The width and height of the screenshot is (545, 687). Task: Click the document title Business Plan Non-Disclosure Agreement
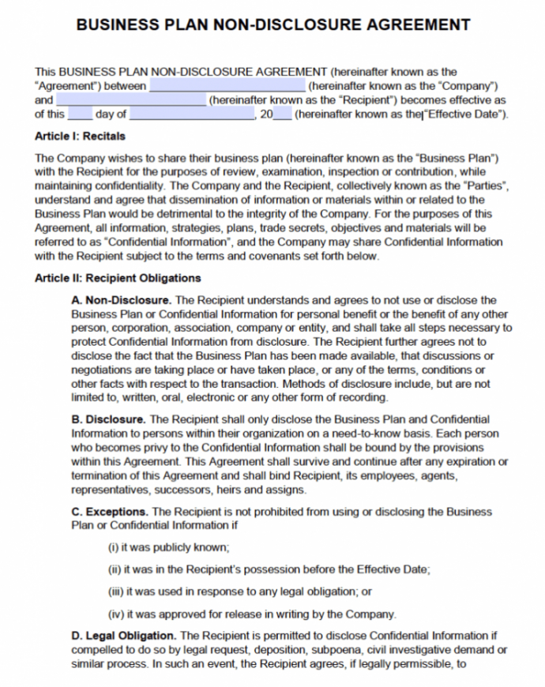coord(272,24)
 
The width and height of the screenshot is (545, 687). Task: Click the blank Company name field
coord(227,85)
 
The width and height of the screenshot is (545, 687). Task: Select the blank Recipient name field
coord(130,100)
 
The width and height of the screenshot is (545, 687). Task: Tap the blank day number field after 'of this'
coord(81,115)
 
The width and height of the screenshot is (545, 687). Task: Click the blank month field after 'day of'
coord(192,115)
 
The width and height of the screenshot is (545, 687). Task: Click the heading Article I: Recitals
coord(76,136)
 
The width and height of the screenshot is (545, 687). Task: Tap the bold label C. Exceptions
coord(111,512)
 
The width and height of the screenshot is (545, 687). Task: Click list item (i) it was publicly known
coord(168,547)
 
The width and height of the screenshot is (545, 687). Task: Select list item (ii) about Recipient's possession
coord(269,569)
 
